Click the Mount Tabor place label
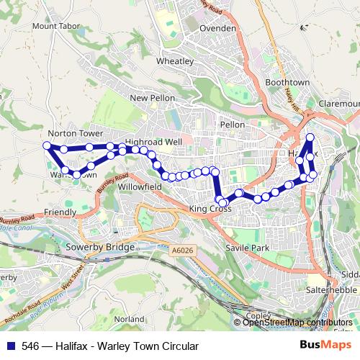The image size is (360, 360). pos(54,26)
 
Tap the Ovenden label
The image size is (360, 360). pos(218,28)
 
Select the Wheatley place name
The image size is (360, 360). pos(175,62)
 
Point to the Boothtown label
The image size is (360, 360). pos(287,83)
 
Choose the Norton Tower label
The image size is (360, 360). pos(72,134)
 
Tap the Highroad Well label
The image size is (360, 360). pos(153,142)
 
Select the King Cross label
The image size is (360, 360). pos(208,209)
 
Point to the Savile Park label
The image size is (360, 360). pos(248,248)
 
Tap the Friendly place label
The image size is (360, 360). pos(60,212)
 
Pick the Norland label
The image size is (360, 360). pos(130,318)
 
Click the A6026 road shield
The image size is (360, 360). pos(182,250)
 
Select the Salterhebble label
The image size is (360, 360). pos(333,289)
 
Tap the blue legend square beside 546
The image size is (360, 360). pos(9,346)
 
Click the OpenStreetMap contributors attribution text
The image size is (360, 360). pos(298,323)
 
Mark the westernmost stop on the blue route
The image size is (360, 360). pos(48,145)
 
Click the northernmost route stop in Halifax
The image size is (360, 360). pos(310,138)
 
